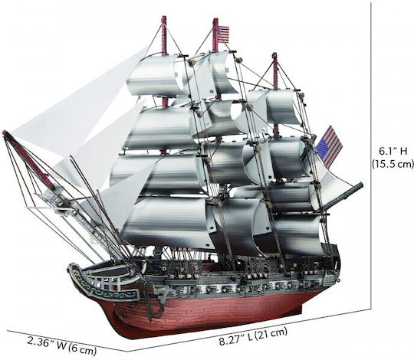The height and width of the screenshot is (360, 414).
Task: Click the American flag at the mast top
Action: [x=224, y=34]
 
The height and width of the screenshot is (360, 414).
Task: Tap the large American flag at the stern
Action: [x=329, y=147]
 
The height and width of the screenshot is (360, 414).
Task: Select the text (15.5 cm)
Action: [x=393, y=164]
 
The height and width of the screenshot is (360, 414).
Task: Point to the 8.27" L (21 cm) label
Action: [x=253, y=337]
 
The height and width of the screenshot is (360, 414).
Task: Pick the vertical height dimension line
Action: [x=371, y=155]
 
